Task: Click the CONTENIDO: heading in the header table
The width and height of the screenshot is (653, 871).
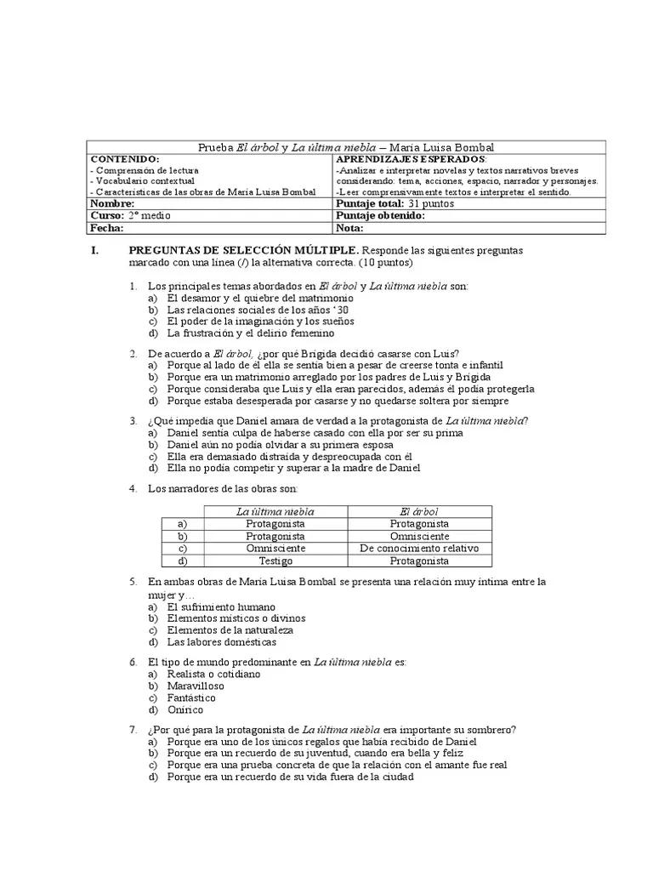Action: click(x=125, y=159)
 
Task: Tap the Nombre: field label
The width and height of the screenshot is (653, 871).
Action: click(x=113, y=204)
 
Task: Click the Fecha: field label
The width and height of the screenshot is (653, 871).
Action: click(x=108, y=228)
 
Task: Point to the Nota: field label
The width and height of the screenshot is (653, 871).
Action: click(x=350, y=228)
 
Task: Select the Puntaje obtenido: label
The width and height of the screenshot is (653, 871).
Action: click(x=381, y=216)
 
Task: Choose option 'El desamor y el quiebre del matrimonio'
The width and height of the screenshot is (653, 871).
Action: click(x=260, y=299)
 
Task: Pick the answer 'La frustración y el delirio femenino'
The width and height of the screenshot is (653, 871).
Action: click(x=251, y=333)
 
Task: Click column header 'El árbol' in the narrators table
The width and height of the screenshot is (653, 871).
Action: click(x=419, y=512)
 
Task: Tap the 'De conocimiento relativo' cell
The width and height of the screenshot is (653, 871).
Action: click(x=419, y=549)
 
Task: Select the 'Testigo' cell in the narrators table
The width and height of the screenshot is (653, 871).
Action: click(x=275, y=561)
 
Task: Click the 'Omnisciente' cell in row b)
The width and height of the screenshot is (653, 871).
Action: click(x=419, y=537)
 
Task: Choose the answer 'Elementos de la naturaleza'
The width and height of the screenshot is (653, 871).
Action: click(x=230, y=630)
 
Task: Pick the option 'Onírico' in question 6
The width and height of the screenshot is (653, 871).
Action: click(x=185, y=710)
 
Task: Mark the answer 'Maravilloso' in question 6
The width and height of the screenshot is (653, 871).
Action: click(x=196, y=686)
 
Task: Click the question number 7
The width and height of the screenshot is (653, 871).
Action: click(x=133, y=730)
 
